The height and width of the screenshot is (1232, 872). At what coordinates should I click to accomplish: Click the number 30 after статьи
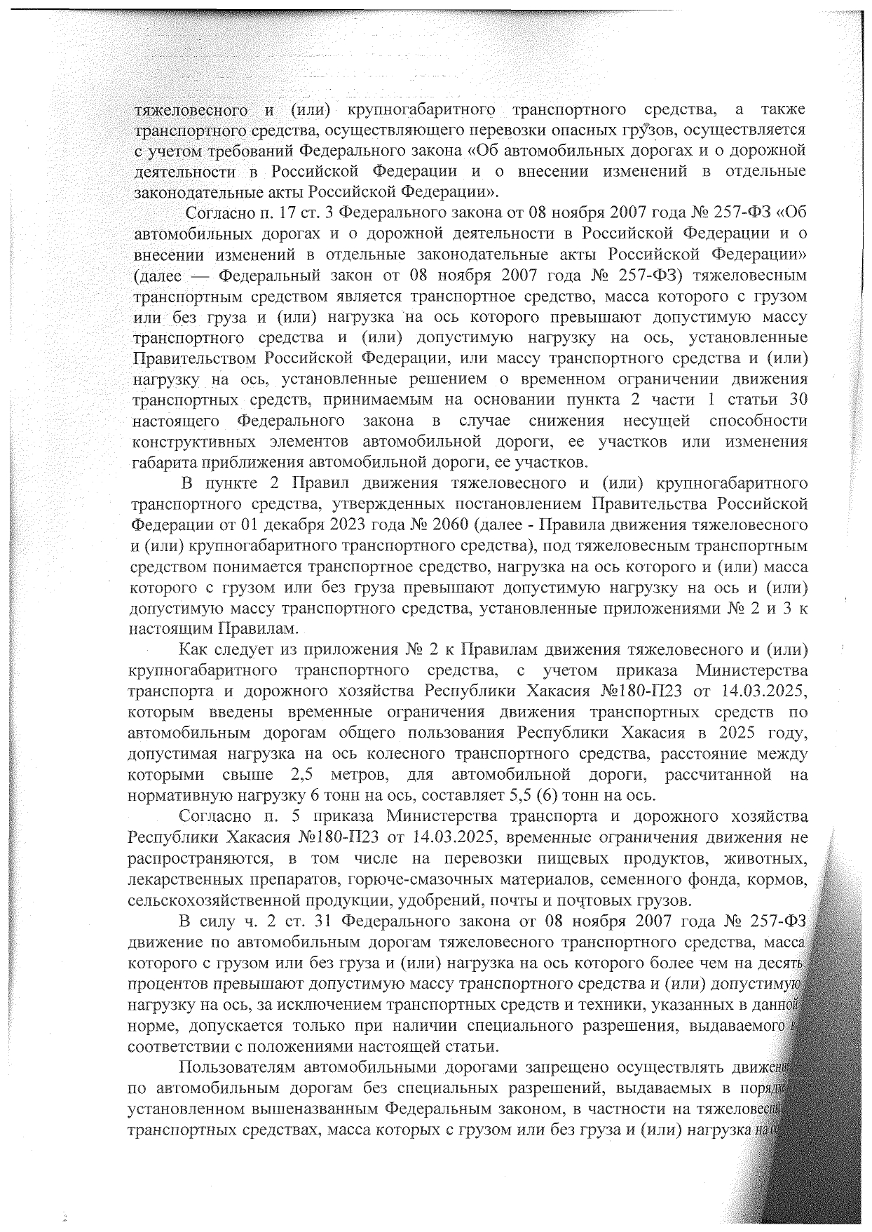coord(795,400)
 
